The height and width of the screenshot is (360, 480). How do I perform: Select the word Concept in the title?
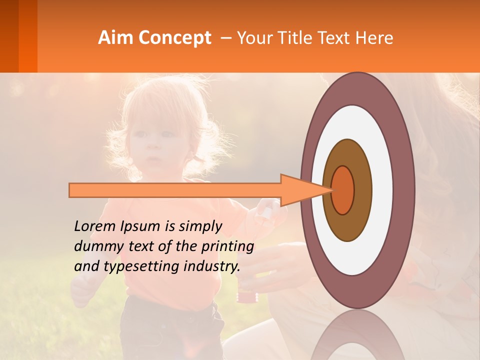pyautogui.click(x=174, y=38)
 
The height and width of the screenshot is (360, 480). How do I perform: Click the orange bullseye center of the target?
pyautogui.click(x=342, y=190)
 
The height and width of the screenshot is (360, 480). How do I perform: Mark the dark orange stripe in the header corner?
pyautogui.click(x=28, y=36)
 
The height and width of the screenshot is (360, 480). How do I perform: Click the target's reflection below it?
pyautogui.click(x=357, y=337)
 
